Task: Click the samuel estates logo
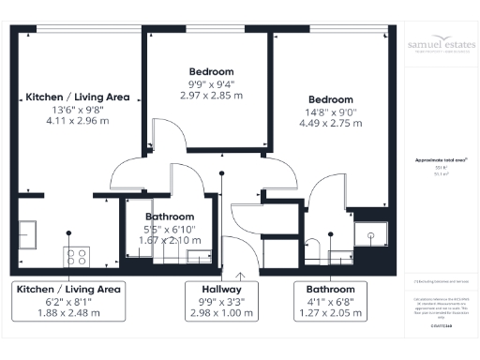(x=442, y=47)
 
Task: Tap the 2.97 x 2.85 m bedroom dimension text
(x=211, y=96)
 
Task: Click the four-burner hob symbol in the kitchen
(x=76, y=255)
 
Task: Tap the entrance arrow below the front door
(x=240, y=276)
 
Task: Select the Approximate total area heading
(x=442, y=160)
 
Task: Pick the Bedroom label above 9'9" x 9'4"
(x=211, y=71)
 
